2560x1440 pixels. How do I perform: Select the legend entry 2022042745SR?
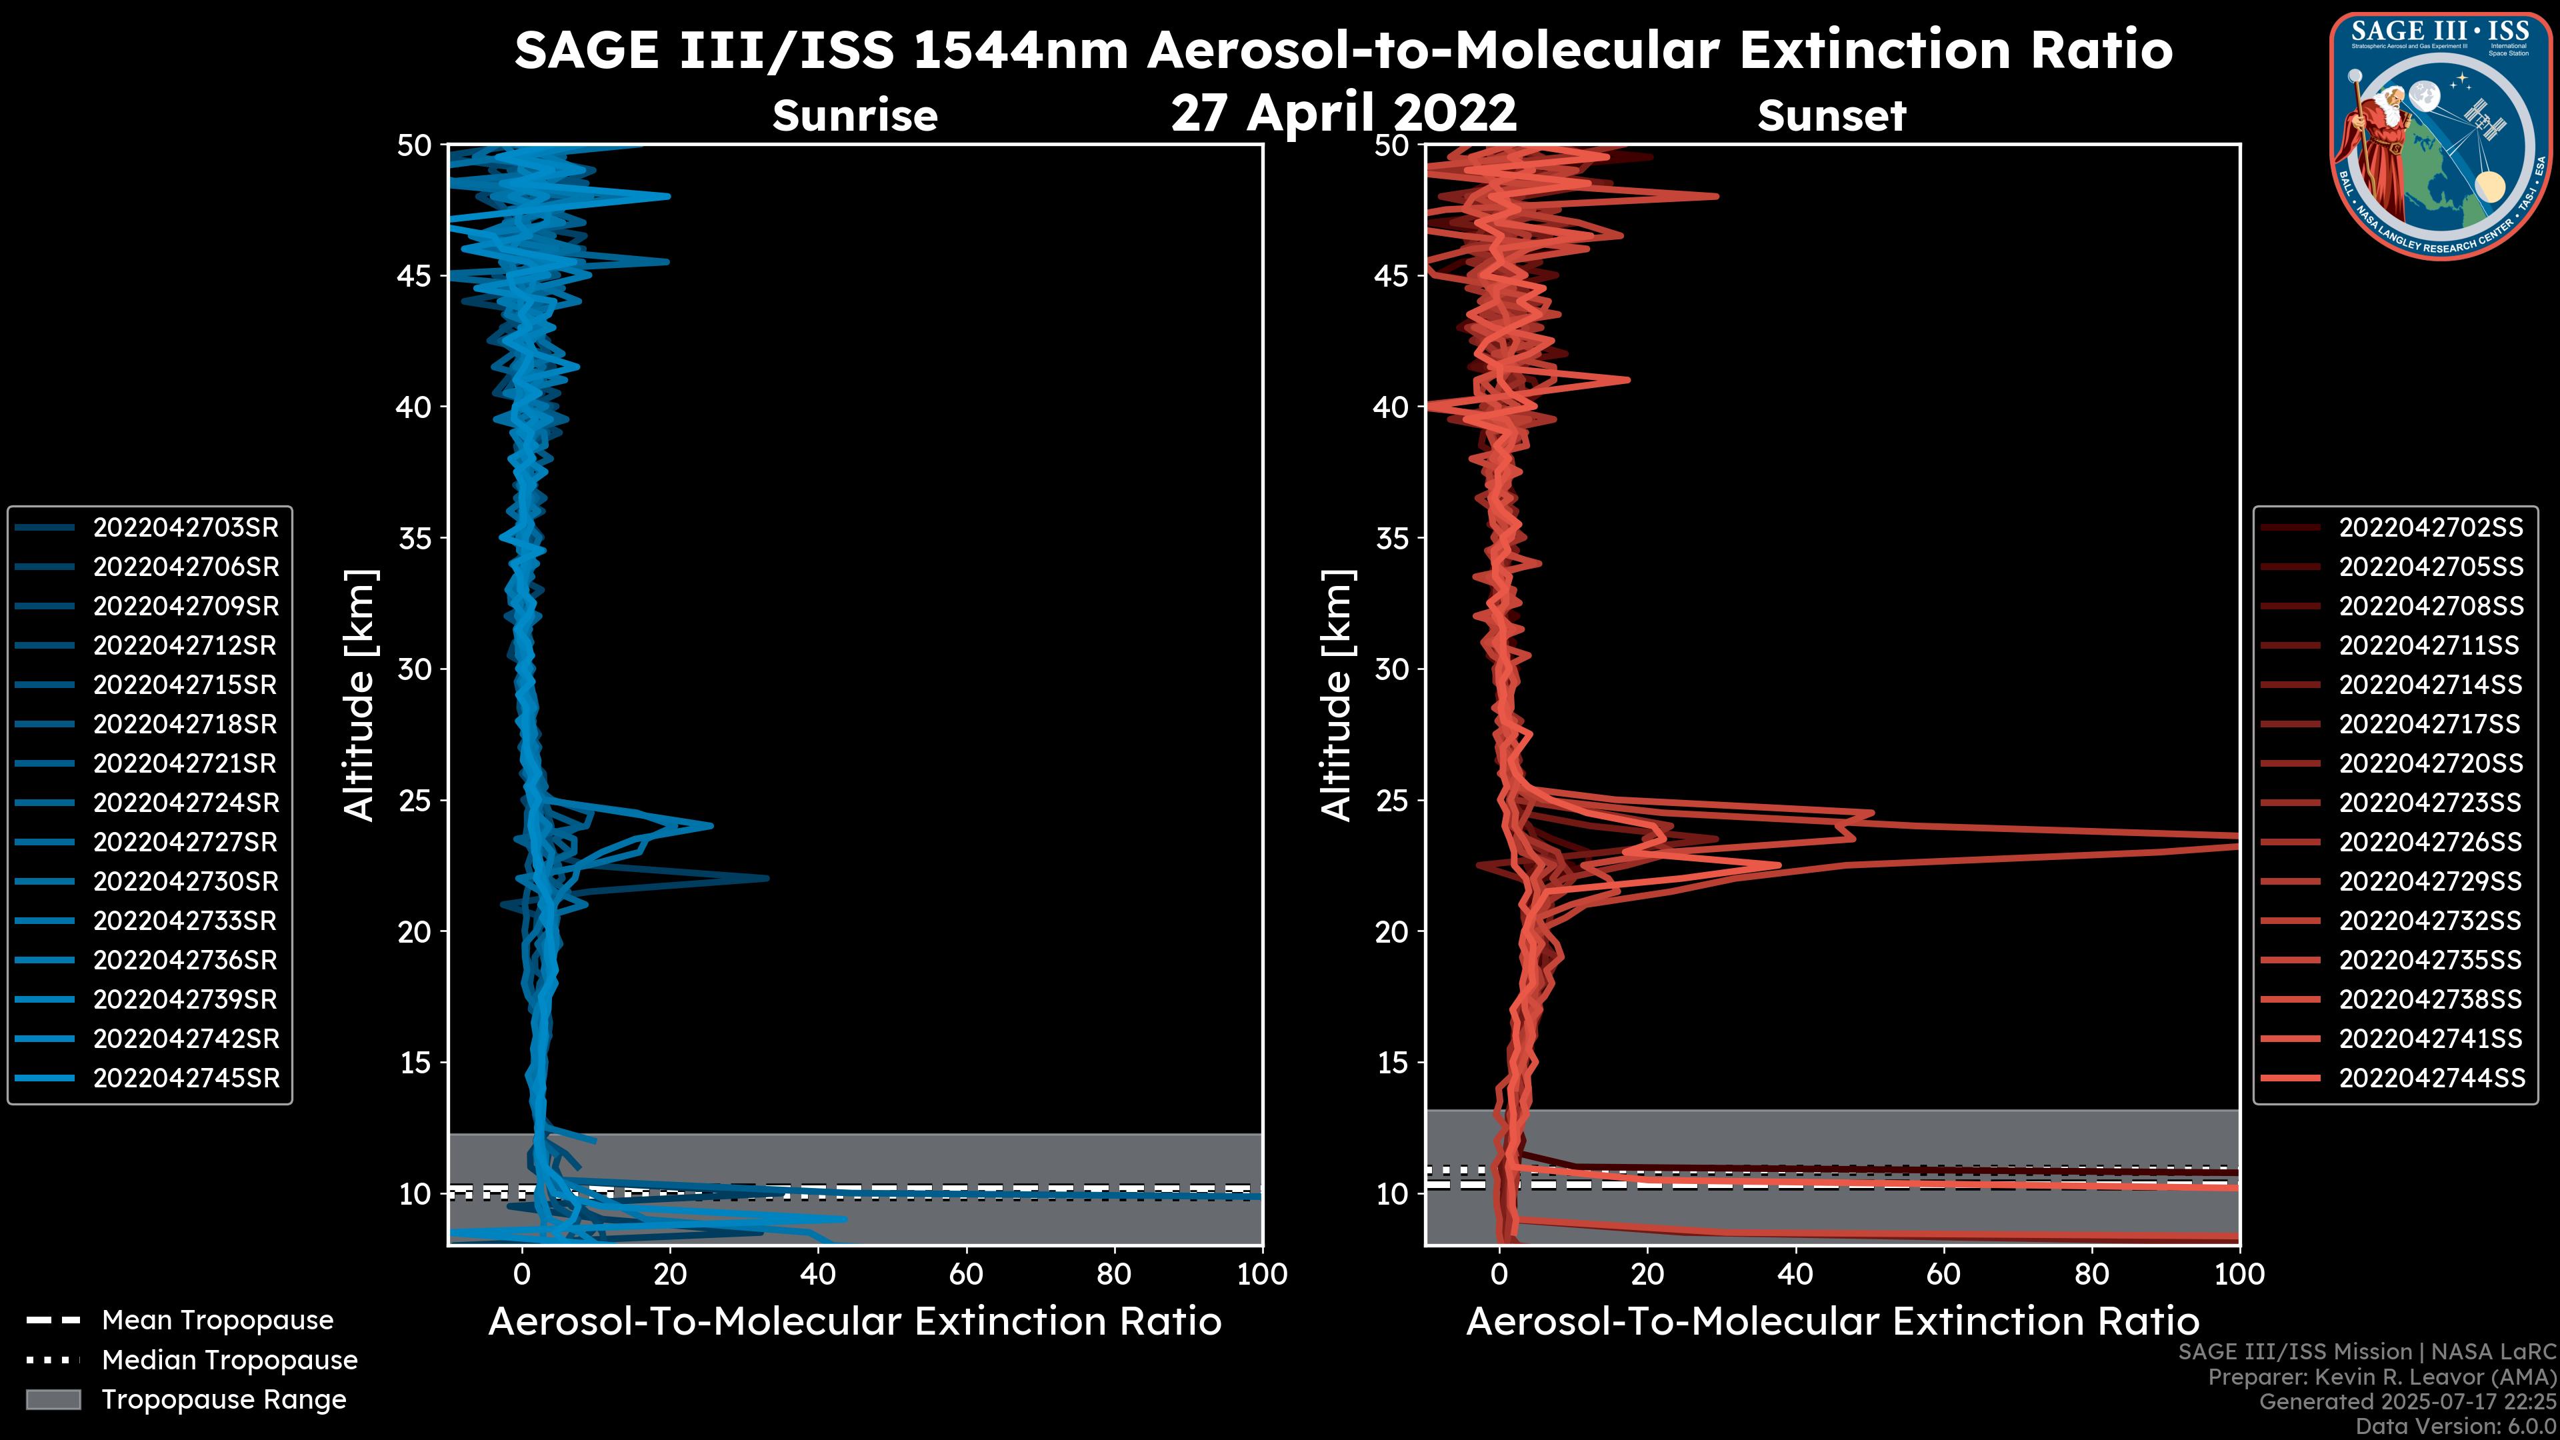[186, 1078]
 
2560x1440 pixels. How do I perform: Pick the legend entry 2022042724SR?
[186, 803]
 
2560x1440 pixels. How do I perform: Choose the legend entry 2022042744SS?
[2430, 1078]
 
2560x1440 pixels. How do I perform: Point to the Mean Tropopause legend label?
[217, 1321]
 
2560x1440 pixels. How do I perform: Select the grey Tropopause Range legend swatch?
[53, 1399]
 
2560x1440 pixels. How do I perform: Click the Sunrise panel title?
[855, 116]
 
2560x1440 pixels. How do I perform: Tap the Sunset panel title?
[1831, 116]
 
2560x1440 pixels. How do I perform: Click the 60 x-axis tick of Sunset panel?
[1943, 1274]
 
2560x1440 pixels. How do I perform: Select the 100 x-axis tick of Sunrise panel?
[1261, 1274]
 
